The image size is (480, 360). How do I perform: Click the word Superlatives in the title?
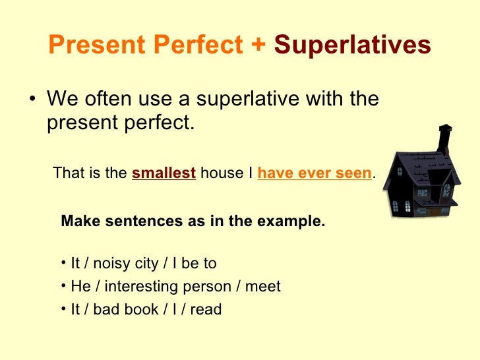click(352, 45)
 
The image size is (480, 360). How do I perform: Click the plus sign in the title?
click(257, 45)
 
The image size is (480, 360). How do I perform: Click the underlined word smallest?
click(164, 173)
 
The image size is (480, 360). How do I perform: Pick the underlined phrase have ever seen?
click(315, 173)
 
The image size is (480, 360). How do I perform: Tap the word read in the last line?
click(206, 309)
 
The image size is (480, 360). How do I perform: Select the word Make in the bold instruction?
click(76, 222)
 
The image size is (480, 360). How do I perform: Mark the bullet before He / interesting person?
click(61, 286)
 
